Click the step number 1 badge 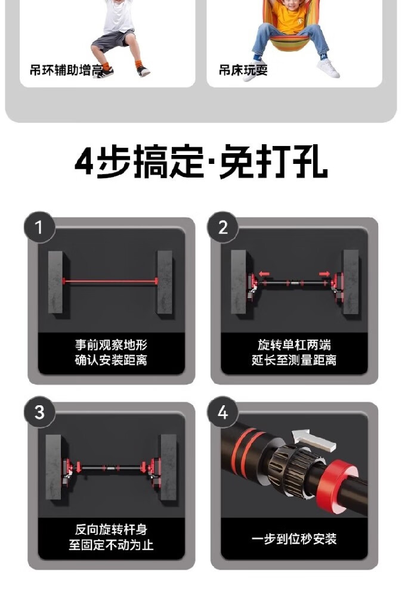pos(39,227)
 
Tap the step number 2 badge pos(223,227)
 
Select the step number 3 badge pos(39,412)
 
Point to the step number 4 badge pos(223,412)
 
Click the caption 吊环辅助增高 pos(66,70)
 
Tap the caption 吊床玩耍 pos(243,70)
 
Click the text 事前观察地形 pos(111,345)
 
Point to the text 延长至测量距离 pos(294,360)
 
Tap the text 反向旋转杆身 pos(111,529)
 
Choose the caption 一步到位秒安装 pos(294,539)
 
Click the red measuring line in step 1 pos(110,282)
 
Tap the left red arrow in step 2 pos(264,274)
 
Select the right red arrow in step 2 pos(324,274)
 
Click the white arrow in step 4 pos(314,440)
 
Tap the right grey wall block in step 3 pos(168,467)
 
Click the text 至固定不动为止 pos(111,545)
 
